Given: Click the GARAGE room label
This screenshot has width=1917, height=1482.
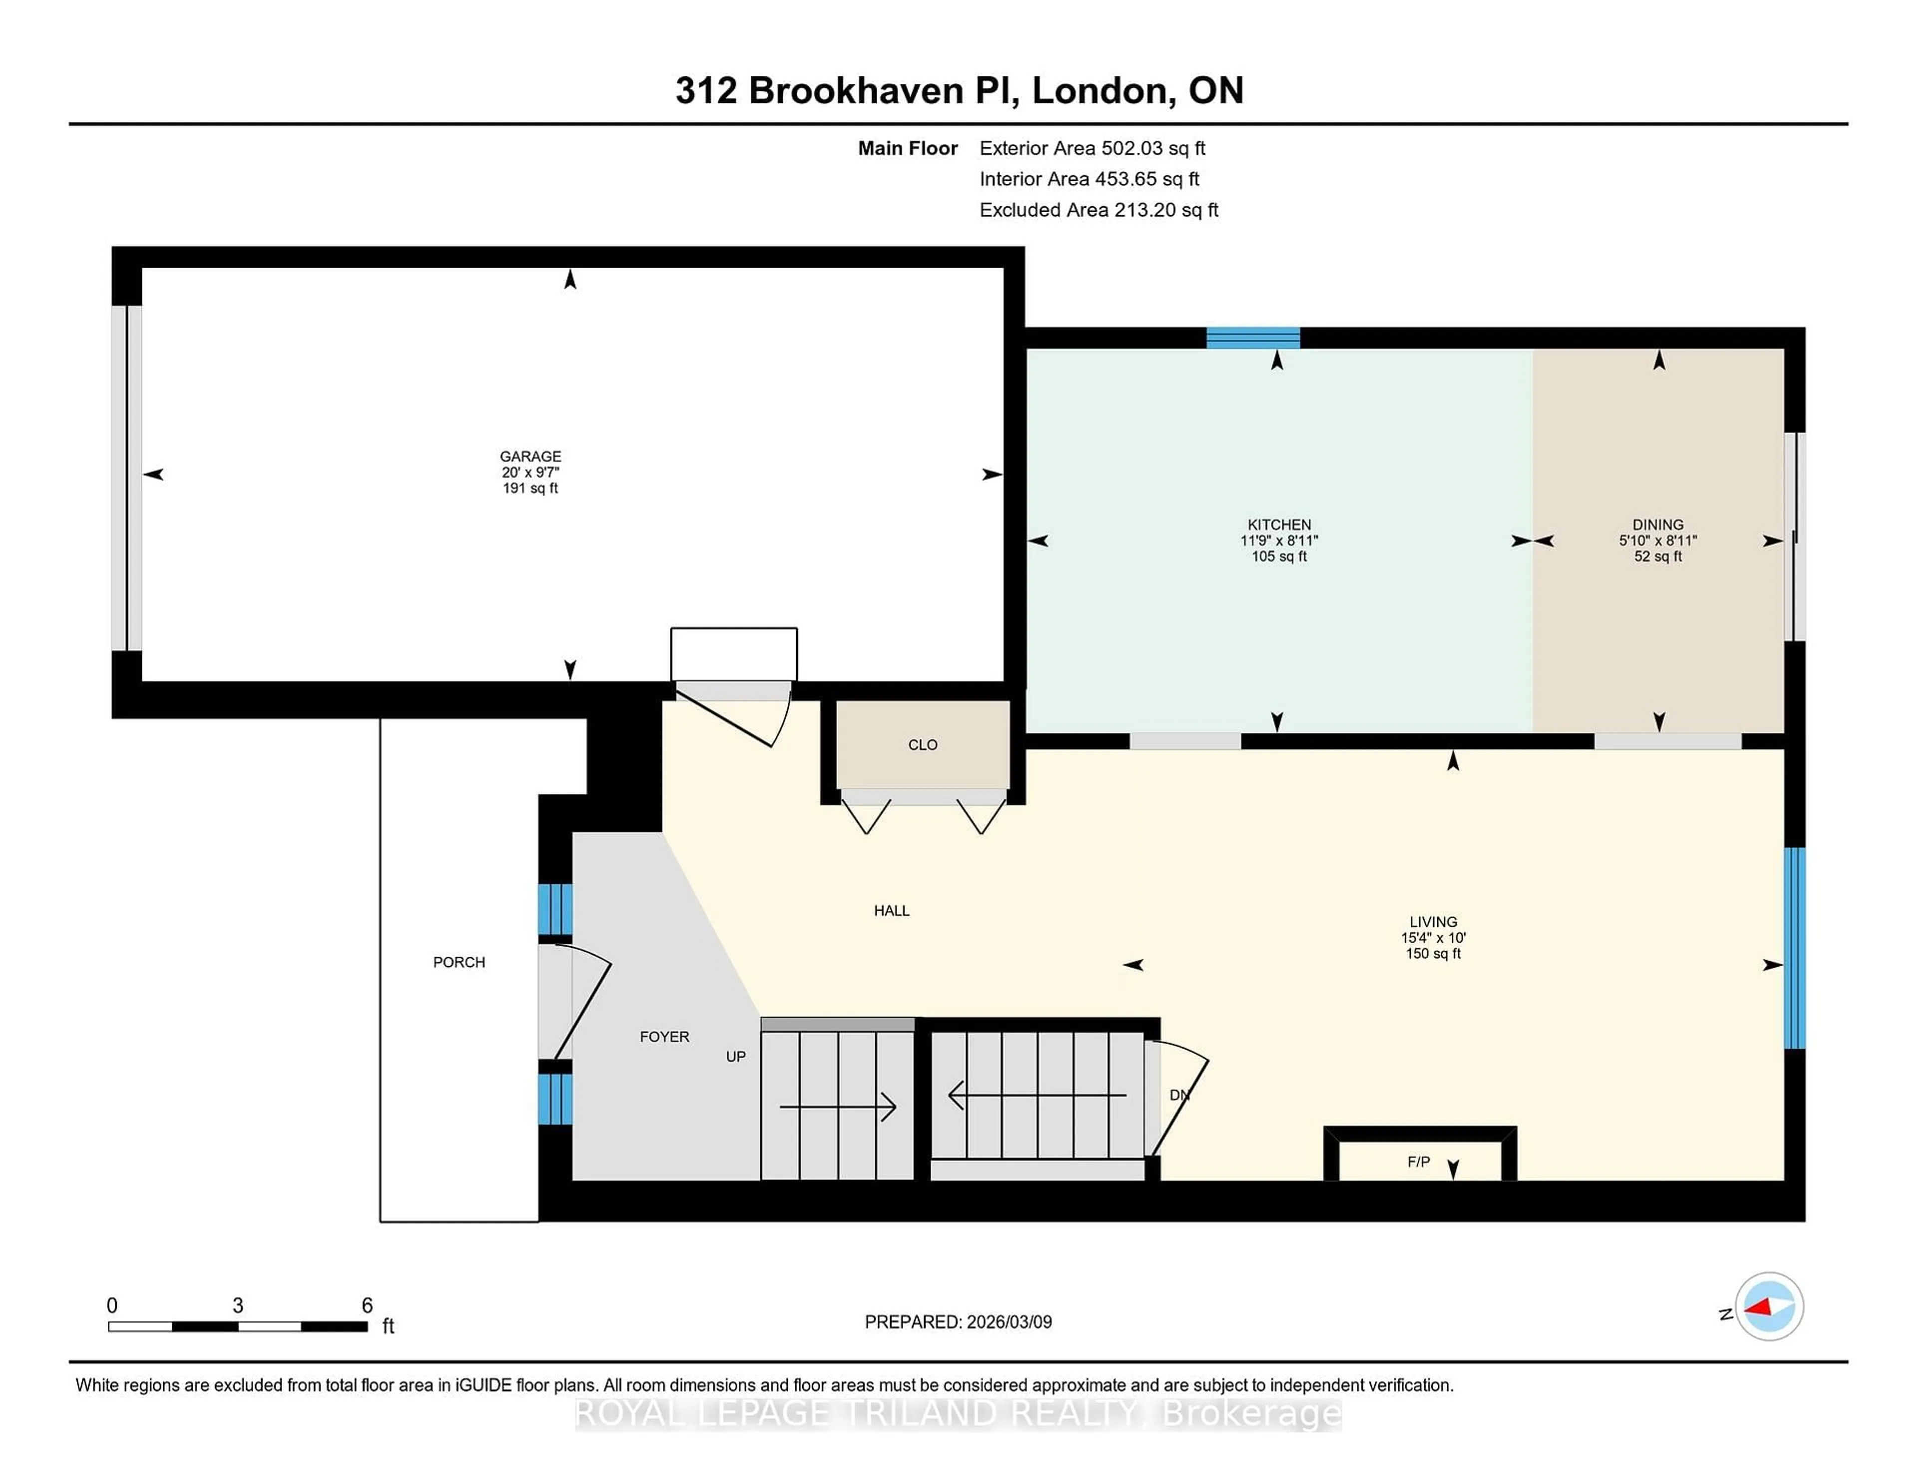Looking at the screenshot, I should point(530,456).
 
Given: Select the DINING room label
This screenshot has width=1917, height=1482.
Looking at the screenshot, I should point(1657,524).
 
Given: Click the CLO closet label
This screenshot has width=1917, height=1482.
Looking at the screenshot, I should point(923,744).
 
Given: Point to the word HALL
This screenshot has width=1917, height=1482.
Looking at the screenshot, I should point(891,910).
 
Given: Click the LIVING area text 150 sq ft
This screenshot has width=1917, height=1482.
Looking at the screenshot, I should point(1432,954).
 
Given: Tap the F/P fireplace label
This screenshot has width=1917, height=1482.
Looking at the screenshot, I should point(1418,1161).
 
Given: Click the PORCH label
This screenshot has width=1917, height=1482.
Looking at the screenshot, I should point(458,962).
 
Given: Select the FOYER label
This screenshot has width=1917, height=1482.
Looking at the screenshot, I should point(664,1037).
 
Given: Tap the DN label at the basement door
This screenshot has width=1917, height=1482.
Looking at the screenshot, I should point(1179,1095).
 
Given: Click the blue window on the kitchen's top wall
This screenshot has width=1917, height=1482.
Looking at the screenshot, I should point(1253,338).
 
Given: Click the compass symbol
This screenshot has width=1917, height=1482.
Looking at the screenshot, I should point(1769,1306).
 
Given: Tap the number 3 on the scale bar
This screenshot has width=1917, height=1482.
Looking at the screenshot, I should point(238,1306).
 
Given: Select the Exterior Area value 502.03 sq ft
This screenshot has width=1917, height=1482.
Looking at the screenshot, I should point(1153,148).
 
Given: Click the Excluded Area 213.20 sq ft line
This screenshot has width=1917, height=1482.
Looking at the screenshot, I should point(1099,210).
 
